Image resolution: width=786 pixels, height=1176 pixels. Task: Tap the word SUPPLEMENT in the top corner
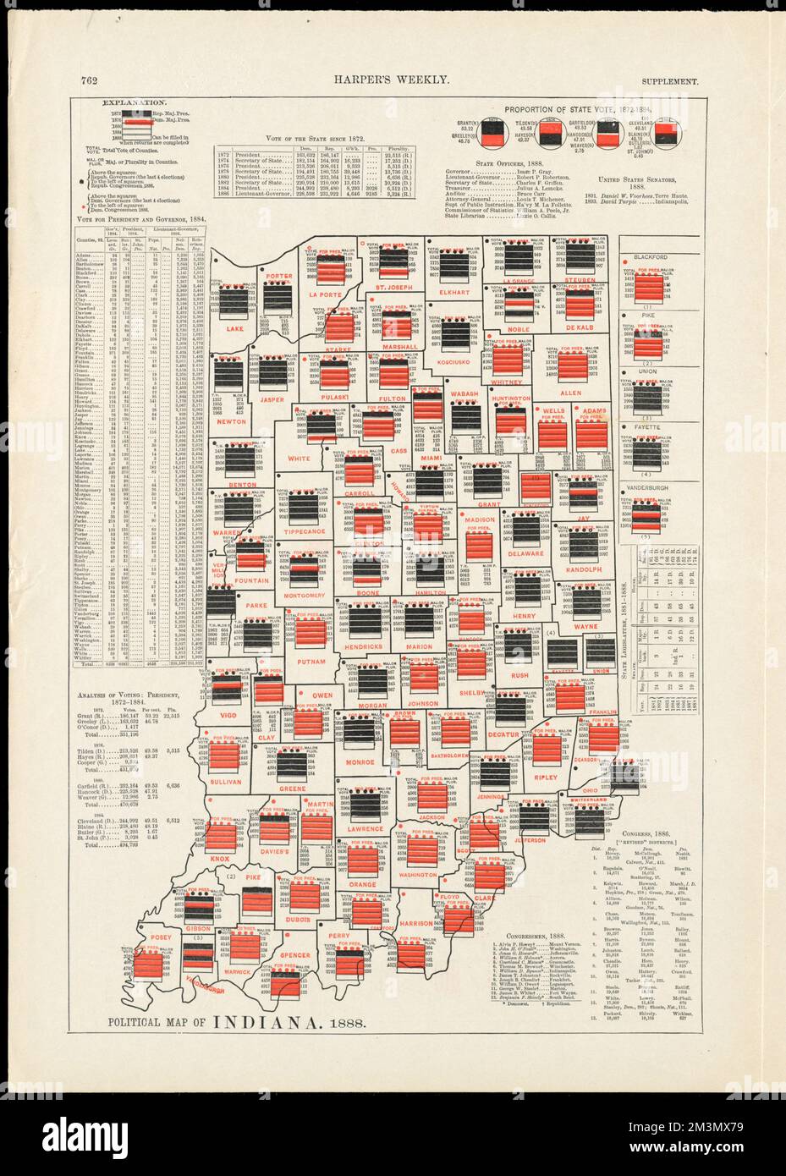click(x=669, y=81)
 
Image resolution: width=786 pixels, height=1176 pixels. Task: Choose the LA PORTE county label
click(x=325, y=294)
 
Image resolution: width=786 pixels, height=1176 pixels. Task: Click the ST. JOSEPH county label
click(x=392, y=296)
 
